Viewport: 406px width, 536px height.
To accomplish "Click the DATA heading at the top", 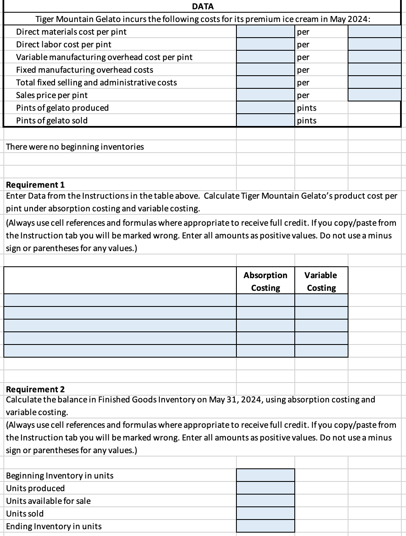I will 203,6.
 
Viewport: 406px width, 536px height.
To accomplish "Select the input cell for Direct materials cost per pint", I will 265,32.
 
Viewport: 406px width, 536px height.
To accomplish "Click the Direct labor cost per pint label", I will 64,44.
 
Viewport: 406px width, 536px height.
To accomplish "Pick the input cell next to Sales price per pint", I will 265,95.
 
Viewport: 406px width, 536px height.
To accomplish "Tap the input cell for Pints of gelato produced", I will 265,108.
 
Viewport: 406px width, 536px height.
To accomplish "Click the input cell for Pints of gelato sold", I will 265,120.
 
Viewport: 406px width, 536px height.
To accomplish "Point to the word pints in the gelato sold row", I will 307,120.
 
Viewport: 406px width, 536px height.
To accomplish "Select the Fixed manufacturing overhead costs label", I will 85,70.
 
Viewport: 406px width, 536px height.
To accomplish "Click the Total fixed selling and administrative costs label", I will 96,82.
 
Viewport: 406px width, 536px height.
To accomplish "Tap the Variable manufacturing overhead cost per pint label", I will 104,57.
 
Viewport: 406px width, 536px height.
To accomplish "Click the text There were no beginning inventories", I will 75,147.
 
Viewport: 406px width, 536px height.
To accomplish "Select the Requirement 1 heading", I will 35,185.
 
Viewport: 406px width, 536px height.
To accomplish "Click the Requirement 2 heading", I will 35,389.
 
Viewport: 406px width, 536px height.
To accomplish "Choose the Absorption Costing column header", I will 266,281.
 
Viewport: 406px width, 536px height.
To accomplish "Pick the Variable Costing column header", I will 321,281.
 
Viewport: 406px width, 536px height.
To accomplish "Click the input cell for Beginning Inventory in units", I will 265,476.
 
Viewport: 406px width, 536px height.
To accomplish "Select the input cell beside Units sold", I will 265,514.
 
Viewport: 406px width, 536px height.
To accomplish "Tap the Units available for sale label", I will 48,501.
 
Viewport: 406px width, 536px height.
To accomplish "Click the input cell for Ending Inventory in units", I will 265,526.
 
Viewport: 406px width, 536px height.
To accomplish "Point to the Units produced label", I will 36,488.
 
